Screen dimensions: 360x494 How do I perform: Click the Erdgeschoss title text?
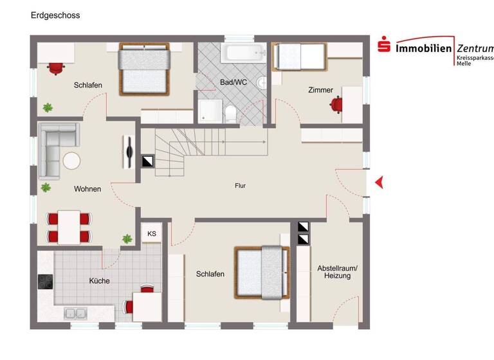pos(55,15)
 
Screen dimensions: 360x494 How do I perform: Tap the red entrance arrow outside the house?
pos(379,183)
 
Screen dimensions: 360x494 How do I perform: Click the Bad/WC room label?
pos(233,82)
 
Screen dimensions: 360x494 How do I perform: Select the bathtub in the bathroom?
pos(243,52)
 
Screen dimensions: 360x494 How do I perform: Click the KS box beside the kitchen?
pos(152,234)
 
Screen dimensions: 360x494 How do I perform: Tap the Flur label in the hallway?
pos(240,186)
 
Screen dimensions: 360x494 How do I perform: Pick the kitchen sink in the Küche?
pos(75,313)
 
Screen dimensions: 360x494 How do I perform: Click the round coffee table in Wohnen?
pos(72,161)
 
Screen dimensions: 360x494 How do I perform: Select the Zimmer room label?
pos(320,90)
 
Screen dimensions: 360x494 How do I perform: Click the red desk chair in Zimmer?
pos(336,105)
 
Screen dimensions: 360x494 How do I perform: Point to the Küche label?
pos(99,281)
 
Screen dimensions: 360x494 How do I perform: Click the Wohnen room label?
pos(87,189)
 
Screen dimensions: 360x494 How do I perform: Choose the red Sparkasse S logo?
pos(384,46)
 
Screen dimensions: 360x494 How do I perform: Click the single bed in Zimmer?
pos(298,57)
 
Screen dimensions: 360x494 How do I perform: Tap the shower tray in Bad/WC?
pos(209,111)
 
